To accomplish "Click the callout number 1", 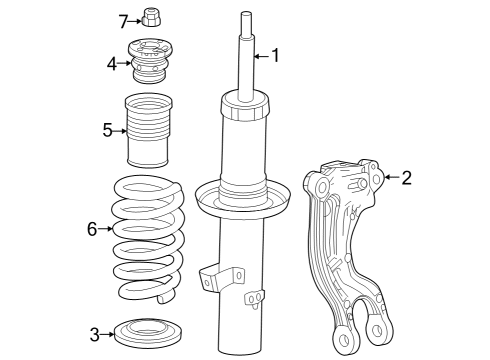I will (x=276, y=56).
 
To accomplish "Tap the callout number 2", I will (x=406, y=178).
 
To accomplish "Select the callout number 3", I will (x=94, y=333).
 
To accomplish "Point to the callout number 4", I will (x=112, y=64).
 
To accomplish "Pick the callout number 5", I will (x=108, y=129).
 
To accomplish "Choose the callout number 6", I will (x=93, y=229).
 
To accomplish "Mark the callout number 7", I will (x=124, y=20).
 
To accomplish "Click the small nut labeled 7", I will (x=153, y=18).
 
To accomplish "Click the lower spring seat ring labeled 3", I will (x=153, y=333).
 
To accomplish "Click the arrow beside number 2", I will (x=390, y=178).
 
